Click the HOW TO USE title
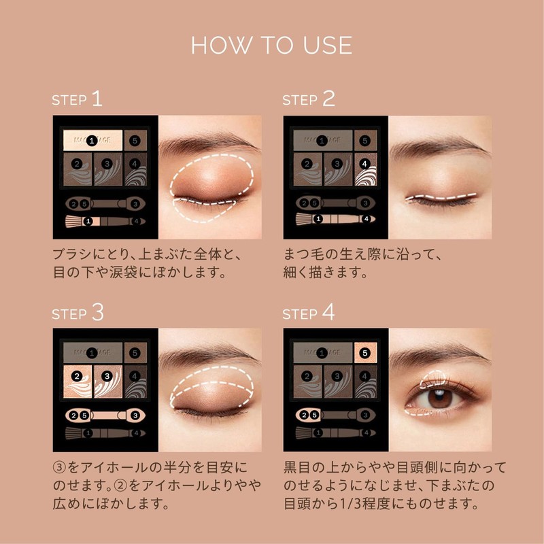coord(271,45)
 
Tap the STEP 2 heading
coord(309,100)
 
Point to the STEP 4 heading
coord(309,313)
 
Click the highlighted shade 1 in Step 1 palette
coord(92,140)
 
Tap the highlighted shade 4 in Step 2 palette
coord(365,165)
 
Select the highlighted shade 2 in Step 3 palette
coord(78,376)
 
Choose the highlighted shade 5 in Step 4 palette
coord(365,352)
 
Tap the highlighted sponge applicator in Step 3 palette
coord(105,414)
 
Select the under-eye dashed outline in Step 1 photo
coord(204,211)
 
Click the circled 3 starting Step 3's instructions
coord(59,469)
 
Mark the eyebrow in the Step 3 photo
coord(204,357)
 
